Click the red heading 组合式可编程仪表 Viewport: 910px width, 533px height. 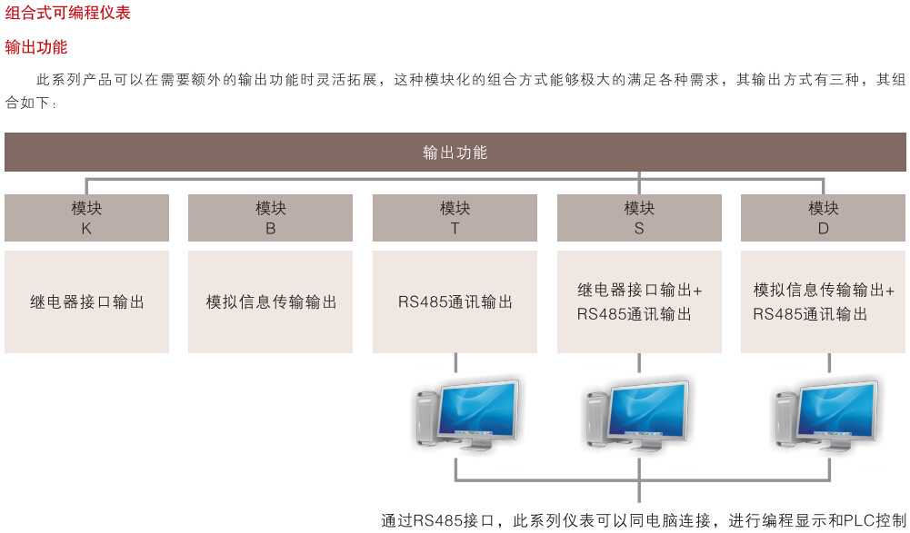[x=68, y=14]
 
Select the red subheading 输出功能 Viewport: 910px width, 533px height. [x=36, y=47]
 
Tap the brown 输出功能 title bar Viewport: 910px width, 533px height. [x=455, y=153]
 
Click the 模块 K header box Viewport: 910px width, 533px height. [x=86, y=218]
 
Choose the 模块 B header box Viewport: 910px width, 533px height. [x=270, y=218]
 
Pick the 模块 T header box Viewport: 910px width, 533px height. [x=455, y=218]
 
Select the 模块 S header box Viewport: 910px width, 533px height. [x=639, y=218]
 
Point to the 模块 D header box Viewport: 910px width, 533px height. [x=823, y=218]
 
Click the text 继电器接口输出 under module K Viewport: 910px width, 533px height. [x=87, y=302]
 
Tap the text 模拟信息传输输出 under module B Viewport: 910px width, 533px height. [x=271, y=302]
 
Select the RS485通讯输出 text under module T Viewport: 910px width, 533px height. [x=455, y=302]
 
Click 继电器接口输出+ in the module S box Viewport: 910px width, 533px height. [x=640, y=291]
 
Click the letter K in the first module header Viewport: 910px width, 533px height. [x=86, y=229]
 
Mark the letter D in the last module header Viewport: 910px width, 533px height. [x=823, y=229]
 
